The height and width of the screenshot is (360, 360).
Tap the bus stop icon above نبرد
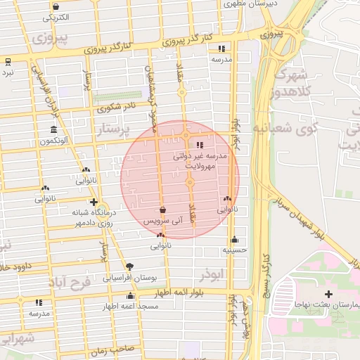click(x=7, y=61)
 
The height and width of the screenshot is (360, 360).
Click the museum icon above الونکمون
click(x=54, y=130)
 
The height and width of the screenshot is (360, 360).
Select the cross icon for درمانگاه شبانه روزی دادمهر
click(x=94, y=202)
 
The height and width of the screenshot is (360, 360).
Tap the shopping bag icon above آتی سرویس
click(x=163, y=210)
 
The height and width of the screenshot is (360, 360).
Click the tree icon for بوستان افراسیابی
click(x=129, y=266)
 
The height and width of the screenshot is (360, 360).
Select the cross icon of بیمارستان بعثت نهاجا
click(x=328, y=293)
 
